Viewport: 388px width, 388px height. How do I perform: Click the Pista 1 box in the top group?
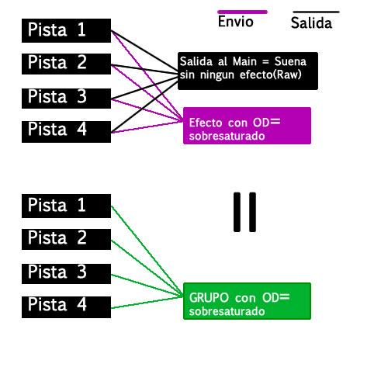67,30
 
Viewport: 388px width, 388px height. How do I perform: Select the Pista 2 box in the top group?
67,64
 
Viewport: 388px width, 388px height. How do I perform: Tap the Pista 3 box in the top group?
67,98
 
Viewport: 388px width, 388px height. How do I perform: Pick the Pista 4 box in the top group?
67,130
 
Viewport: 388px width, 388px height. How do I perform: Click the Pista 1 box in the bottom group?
67,206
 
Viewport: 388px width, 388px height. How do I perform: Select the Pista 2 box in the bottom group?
67,238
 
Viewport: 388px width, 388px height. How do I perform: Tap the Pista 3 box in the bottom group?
67,272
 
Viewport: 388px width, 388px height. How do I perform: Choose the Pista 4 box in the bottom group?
67,306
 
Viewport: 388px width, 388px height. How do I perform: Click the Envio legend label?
235,23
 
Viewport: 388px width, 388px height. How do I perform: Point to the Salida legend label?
311,23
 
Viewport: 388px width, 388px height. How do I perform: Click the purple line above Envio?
242,12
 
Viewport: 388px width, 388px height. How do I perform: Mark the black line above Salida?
315,12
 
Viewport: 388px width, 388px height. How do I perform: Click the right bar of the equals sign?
252,212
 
